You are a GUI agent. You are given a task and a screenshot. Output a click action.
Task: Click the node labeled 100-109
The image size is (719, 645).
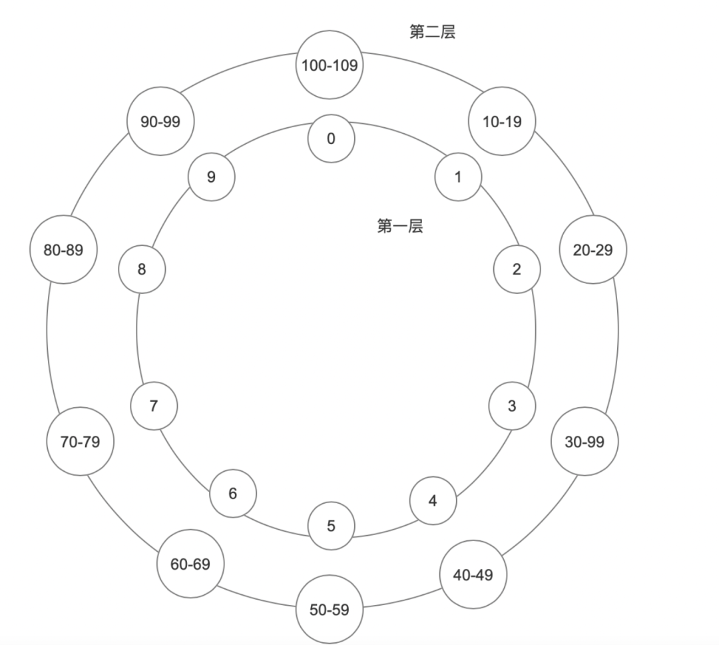[x=330, y=65]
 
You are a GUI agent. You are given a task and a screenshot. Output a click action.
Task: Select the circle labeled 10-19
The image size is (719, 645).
[x=502, y=122]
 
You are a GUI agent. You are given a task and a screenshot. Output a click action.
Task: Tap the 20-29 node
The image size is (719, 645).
[x=593, y=250]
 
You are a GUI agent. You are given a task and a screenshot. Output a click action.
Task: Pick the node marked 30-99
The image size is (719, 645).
[x=584, y=441]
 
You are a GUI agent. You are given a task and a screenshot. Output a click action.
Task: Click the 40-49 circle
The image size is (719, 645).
[x=473, y=574]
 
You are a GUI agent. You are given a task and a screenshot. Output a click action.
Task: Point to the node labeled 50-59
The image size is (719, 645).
[x=330, y=609]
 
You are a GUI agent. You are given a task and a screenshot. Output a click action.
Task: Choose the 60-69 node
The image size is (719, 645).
[x=190, y=564]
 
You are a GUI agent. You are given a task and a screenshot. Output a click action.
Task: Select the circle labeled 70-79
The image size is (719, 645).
[x=81, y=441]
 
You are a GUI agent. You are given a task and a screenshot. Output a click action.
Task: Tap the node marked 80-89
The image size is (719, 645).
[x=64, y=250]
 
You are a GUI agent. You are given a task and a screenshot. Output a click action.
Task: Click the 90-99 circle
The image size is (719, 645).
[x=160, y=122]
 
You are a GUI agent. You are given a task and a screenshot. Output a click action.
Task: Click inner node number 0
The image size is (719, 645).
[x=331, y=139]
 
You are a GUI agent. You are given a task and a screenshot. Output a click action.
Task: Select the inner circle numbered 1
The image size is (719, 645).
[x=458, y=177]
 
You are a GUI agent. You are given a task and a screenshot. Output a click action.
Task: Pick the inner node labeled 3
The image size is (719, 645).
[x=512, y=406]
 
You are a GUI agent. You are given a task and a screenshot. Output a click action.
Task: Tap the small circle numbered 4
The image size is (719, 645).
[x=433, y=500]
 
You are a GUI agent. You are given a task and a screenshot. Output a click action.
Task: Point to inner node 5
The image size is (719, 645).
[x=331, y=526]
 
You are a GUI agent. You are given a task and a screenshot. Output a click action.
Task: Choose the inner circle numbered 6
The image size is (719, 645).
[x=233, y=494]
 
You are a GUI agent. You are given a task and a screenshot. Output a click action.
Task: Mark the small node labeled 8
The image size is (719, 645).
[x=142, y=269]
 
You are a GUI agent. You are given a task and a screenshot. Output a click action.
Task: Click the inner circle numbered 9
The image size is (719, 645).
[x=212, y=177]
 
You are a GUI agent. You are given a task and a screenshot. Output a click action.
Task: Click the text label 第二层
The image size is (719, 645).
[x=432, y=31]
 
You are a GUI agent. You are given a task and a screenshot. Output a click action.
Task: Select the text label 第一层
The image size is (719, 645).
[x=400, y=227]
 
